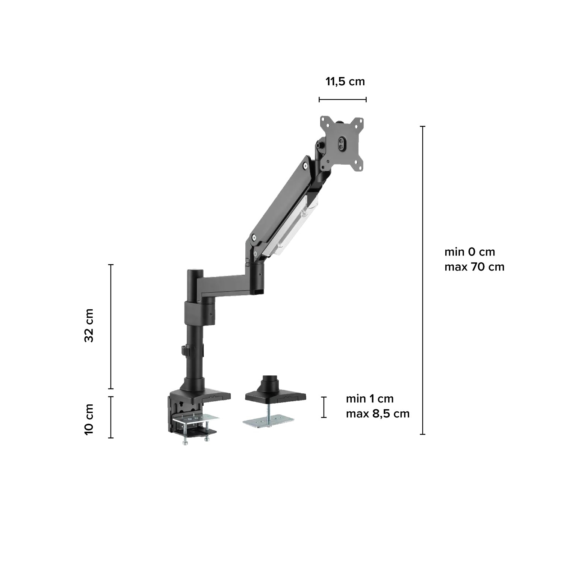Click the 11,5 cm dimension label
click(x=345, y=82)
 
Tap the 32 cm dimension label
click(x=89, y=325)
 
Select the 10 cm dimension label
click(x=89, y=419)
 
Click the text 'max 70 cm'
click(x=474, y=267)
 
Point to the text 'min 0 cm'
click(x=470, y=252)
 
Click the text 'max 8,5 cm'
click(x=378, y=414)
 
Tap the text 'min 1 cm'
click(x=370, y=399)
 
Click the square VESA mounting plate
click(x=342, y=143)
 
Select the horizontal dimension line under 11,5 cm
click(x=343, y=100)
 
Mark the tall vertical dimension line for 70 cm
click(x=423, y=280)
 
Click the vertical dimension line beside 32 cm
click(x=111, y=327)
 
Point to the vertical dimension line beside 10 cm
click(x=111, y=417)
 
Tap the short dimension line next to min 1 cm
click(x=324, y=407)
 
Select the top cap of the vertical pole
click(x=195, y=271)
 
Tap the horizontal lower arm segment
click(x=225, y=284)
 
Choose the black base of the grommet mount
click(x=275, y=395)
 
